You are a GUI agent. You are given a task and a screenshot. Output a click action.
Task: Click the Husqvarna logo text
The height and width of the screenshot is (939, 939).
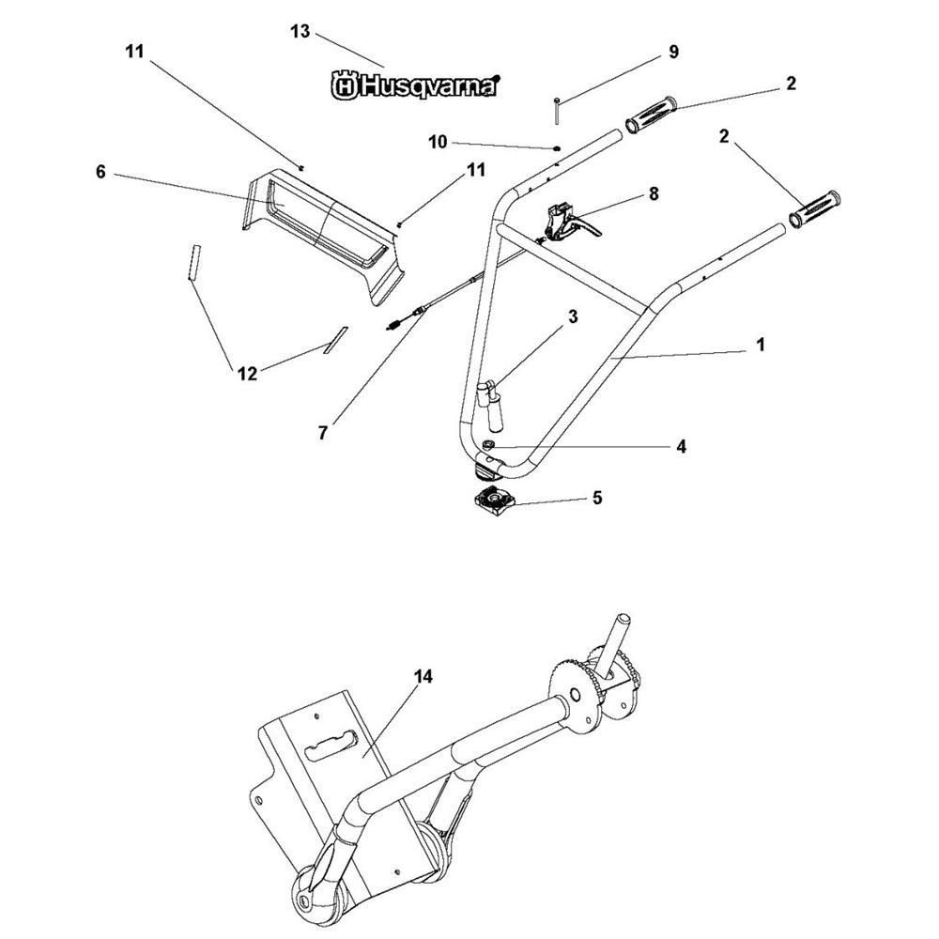[x=415, y=85]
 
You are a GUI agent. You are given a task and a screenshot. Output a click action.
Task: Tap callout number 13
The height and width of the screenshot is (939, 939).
[x=300, y=31]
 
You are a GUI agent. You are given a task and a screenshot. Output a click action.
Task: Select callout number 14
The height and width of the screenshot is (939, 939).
[x=423, y=677]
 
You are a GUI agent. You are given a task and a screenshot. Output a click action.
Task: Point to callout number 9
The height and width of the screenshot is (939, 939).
[x=673, y=52]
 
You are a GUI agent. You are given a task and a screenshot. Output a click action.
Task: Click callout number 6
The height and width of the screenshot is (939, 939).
[x=100, y=172]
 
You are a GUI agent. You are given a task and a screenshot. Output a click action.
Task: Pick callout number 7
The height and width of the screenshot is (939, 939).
[x=323, y=432]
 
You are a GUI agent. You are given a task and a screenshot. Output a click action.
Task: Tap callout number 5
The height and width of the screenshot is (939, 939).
[x=597, y=498]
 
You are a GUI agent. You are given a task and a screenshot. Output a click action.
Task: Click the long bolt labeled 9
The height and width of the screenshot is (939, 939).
[x=557, y=111]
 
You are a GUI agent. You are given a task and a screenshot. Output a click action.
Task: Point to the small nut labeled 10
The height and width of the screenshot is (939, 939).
[x=557, y=147]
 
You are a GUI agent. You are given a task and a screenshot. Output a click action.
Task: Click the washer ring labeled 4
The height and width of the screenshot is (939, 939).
[x=487, y=444]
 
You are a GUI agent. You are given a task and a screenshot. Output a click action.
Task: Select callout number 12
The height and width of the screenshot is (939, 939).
[x=247, y=374]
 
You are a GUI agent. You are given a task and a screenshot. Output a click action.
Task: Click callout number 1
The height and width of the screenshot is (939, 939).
[x=761, y=345]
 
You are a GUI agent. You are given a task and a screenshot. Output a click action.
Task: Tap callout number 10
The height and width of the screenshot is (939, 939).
[x=438, y=142]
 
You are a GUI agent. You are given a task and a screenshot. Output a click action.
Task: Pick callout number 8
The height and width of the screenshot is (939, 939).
[x=654, y=193]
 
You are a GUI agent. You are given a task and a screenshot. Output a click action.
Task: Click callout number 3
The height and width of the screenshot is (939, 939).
[x=573, y=316]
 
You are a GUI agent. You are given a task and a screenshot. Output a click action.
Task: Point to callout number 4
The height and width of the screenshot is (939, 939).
[x=681, y=446]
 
